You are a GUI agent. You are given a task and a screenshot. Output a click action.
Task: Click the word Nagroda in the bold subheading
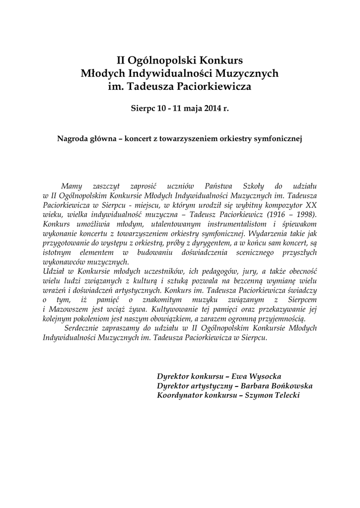tap(73, 138)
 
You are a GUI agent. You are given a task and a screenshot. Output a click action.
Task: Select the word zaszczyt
tap(104, 186)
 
